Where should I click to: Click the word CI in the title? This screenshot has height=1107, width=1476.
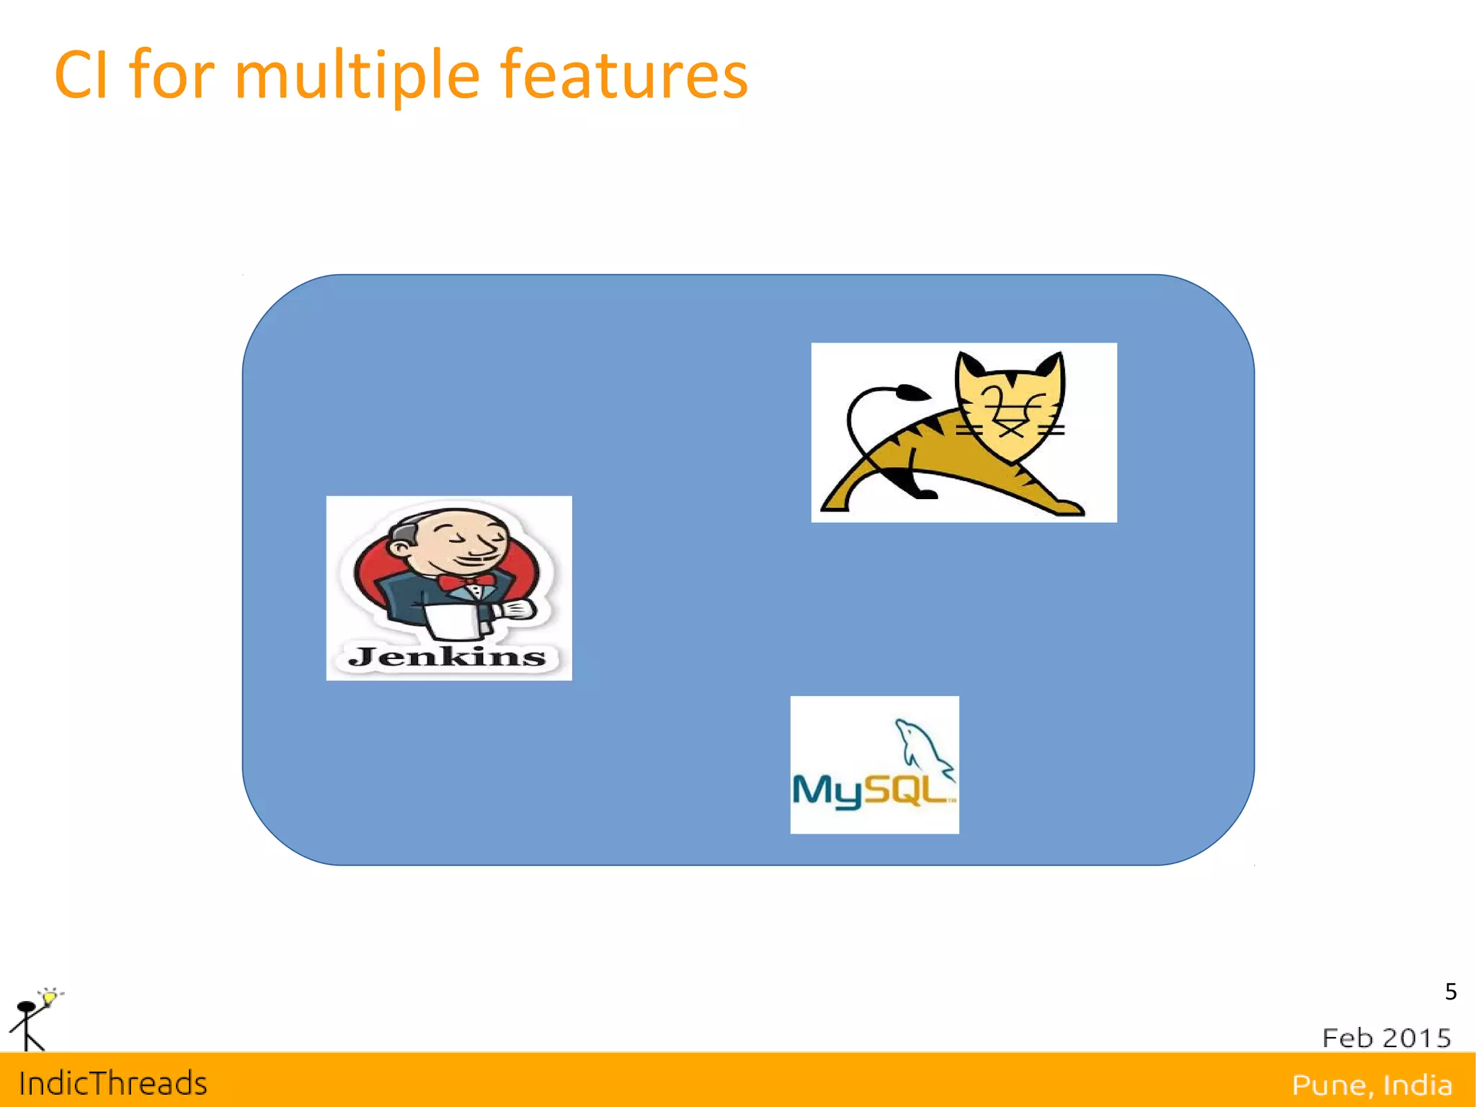(x=81, y=75)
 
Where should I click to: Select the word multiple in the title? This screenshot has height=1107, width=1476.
(x=357, y=76)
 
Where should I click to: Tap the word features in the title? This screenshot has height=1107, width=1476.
(x=624, y=75)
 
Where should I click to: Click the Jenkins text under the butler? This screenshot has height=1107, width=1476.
(x=447, y=656)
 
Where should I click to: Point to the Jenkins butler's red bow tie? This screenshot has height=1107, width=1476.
(x=467, y=581)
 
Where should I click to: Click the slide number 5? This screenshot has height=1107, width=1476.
(x=1451, y=992)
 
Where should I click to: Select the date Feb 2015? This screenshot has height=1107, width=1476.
(x=1386, y=1038)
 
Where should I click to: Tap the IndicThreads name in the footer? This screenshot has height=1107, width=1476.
(x=113, y=1083)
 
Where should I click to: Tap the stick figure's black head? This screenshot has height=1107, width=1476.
(x=27, y=1007)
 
